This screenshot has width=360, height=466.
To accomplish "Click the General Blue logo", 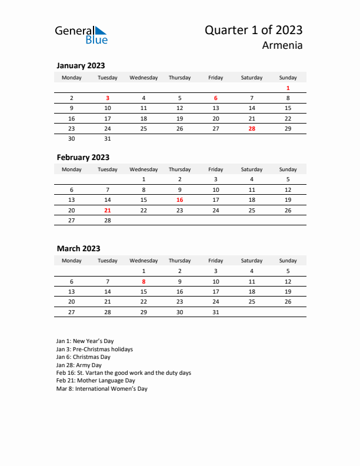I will coord(81,35).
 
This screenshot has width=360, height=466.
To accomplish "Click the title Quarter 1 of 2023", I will coord(254,30).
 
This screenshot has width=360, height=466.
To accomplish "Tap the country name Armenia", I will coord(283,45).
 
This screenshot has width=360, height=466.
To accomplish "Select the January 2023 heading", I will coord(81,65).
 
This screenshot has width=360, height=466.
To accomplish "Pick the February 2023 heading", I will coord(83,157).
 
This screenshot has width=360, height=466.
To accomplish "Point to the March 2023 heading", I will coord(78,248).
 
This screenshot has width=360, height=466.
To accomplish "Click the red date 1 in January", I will coord(288,88).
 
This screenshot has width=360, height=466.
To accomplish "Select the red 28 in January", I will coord(252,128).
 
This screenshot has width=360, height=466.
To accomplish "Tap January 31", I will coord(108,138).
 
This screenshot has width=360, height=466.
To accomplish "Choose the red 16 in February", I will coord(179,199).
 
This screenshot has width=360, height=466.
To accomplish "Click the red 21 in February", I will coord(108,210).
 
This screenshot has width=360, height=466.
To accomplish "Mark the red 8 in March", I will coord(144,281).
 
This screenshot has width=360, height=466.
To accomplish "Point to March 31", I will coord(215,312).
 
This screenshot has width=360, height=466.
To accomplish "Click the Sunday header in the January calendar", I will coord(288,77).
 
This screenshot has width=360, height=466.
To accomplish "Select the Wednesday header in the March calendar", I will coord(144,261).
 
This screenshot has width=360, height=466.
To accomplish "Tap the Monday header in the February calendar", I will coord(72,169).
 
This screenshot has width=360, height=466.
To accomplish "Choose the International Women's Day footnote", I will coord(102,389).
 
